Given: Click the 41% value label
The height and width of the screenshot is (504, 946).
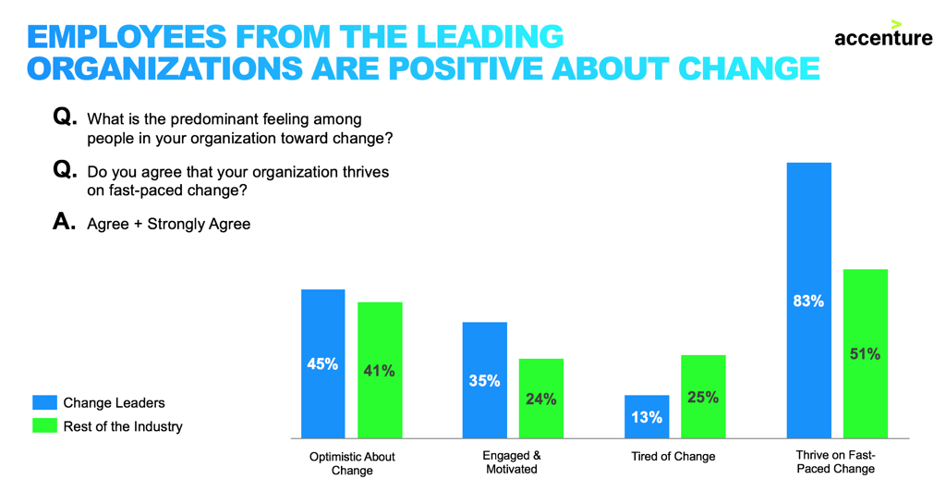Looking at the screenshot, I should (380, 371).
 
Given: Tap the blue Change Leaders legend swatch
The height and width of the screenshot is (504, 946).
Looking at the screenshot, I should (44, 402).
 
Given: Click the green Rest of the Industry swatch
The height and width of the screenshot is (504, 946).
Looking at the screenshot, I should (44, 426).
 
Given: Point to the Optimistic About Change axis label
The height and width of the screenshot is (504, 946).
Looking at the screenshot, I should (352, 463).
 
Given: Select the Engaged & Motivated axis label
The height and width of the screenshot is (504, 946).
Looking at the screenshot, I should (512, 462).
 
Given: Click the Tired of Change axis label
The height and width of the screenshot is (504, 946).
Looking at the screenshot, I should (673, 457).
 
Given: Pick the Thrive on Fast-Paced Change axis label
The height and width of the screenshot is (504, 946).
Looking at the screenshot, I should (835, 461).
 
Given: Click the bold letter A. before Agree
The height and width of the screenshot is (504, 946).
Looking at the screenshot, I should (64, 223).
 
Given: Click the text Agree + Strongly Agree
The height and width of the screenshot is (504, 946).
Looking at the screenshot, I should (169, 224).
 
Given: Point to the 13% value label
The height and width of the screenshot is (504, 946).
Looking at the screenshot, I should (647, 417).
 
